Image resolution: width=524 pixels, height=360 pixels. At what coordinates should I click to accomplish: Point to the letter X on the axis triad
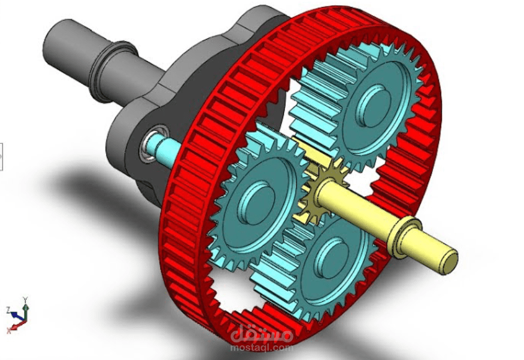9,331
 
